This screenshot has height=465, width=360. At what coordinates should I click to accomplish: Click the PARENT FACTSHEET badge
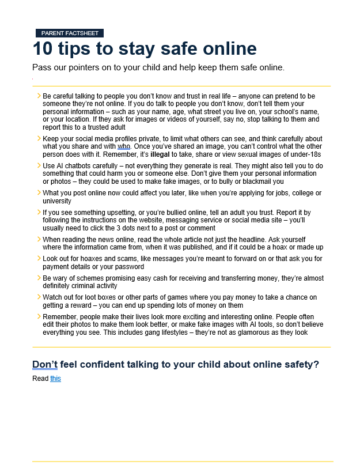click(x=69, y=33)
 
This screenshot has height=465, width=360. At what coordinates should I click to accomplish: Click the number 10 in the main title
click(x=44, y=48)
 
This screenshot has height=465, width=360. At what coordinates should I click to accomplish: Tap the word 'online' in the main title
click(x=225, y=48)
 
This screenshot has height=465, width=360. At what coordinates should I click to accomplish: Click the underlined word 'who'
click(x=124, y=147)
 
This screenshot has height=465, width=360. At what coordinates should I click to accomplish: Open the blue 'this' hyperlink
click(x=55, y=379)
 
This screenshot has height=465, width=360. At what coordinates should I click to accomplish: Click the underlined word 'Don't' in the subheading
click(x=44, y=364)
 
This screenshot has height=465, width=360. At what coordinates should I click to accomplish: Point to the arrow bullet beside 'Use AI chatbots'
click(x=38, y=165)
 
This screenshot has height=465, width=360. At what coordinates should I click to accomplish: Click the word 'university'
click(x=58, y=201)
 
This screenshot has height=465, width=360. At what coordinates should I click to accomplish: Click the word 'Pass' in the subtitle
click(x=42, y=67)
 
